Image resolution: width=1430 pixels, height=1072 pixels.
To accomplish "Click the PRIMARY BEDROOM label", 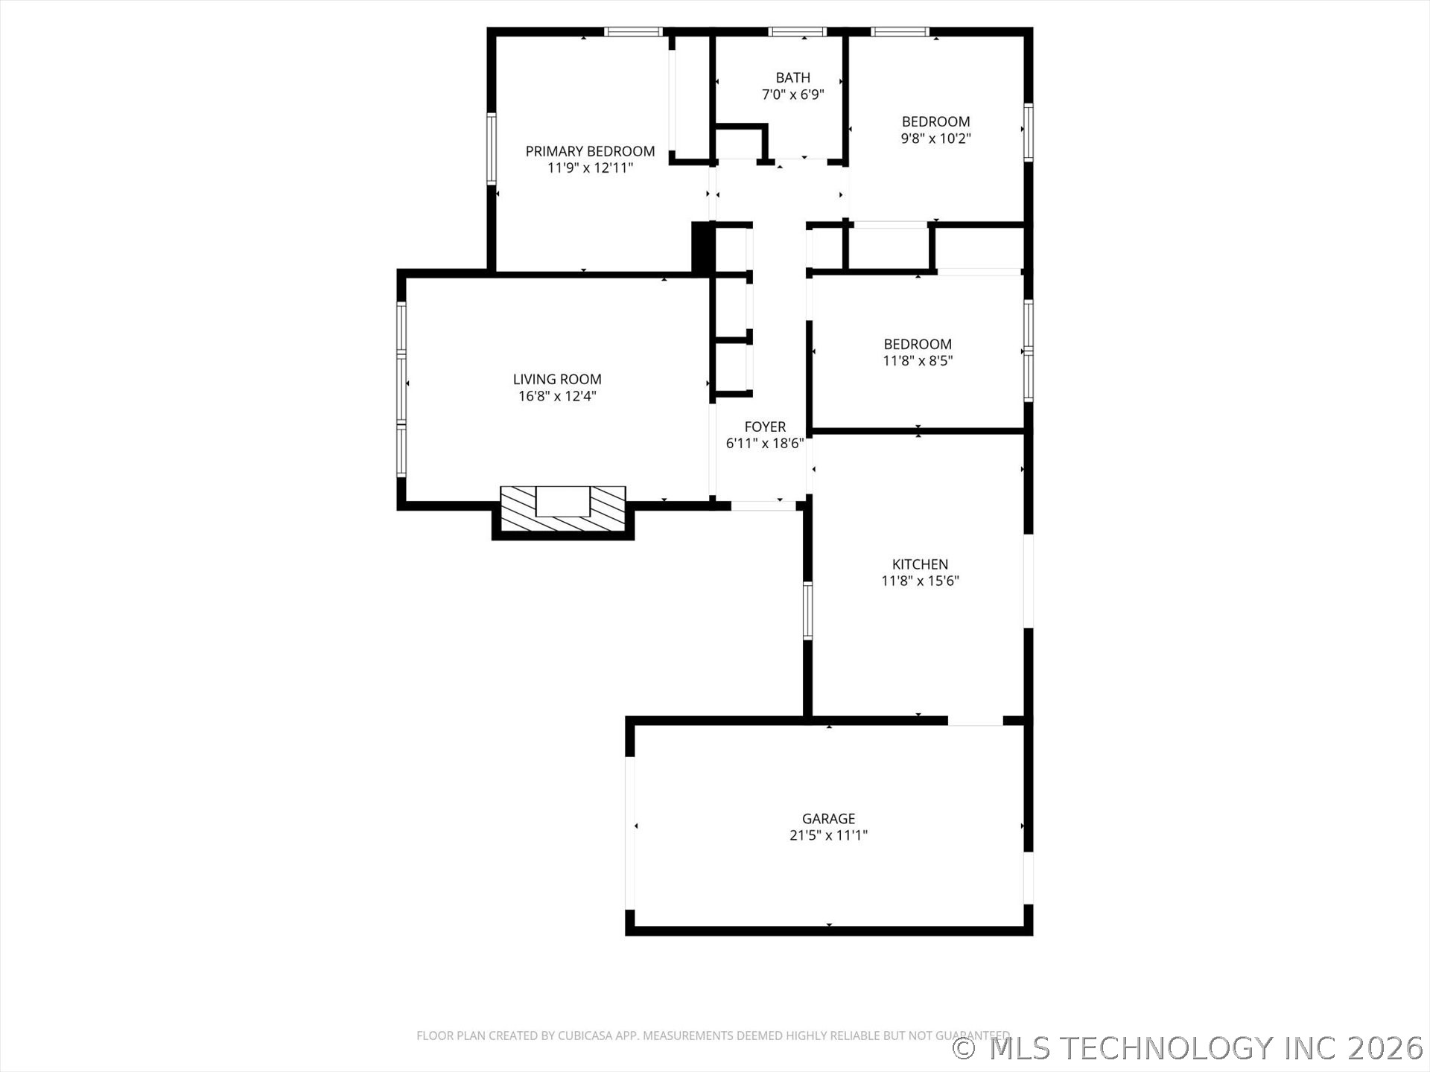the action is point(590,151).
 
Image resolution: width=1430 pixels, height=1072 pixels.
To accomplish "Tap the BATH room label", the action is point(792,77).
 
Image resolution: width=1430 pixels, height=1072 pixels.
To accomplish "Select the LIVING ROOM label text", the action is point(557,379).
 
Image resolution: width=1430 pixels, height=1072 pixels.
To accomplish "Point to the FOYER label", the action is point(765,427).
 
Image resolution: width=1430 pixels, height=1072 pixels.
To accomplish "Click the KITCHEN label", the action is point(920,564).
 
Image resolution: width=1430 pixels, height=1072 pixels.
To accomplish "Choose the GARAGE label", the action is point(828,818).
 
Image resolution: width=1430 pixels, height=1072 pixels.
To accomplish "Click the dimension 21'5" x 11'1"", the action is point(828,835).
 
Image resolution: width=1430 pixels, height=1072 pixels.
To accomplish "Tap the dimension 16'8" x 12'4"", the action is point(557,396).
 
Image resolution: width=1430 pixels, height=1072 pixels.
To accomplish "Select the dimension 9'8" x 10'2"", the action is point(935,138).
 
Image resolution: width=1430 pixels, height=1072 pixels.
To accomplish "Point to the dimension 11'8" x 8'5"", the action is point(918,361).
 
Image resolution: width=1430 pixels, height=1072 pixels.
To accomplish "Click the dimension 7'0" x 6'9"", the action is point(792,95).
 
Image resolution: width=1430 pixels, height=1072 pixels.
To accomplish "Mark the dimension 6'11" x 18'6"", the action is point(765,444).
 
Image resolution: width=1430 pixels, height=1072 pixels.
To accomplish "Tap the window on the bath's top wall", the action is point(797,32).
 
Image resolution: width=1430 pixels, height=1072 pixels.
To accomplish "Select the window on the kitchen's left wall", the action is point(807,610).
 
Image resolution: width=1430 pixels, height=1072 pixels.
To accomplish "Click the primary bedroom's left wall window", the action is point(492,148).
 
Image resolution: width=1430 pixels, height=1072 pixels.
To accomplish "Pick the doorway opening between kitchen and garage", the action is point(976,721).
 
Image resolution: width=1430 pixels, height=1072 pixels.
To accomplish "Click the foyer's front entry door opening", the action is point(763,505).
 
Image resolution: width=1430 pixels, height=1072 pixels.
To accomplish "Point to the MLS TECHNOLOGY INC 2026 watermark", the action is point(1189,1047).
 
